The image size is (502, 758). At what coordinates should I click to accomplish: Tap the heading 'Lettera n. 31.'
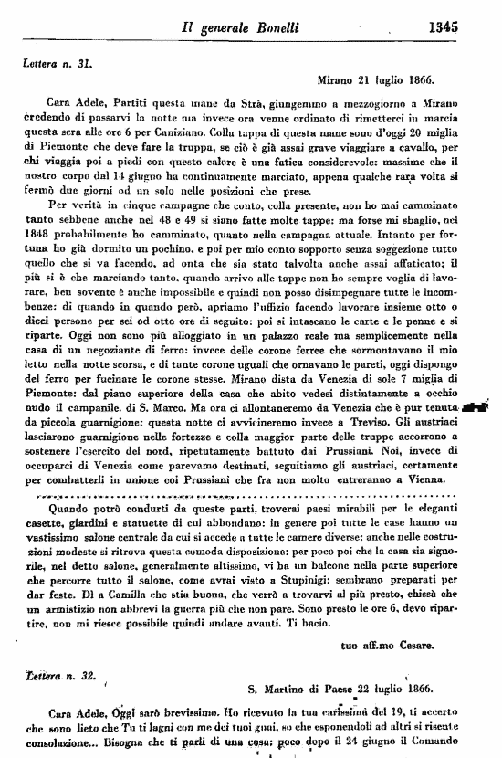pyautogui.click(x=58, y=64)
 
